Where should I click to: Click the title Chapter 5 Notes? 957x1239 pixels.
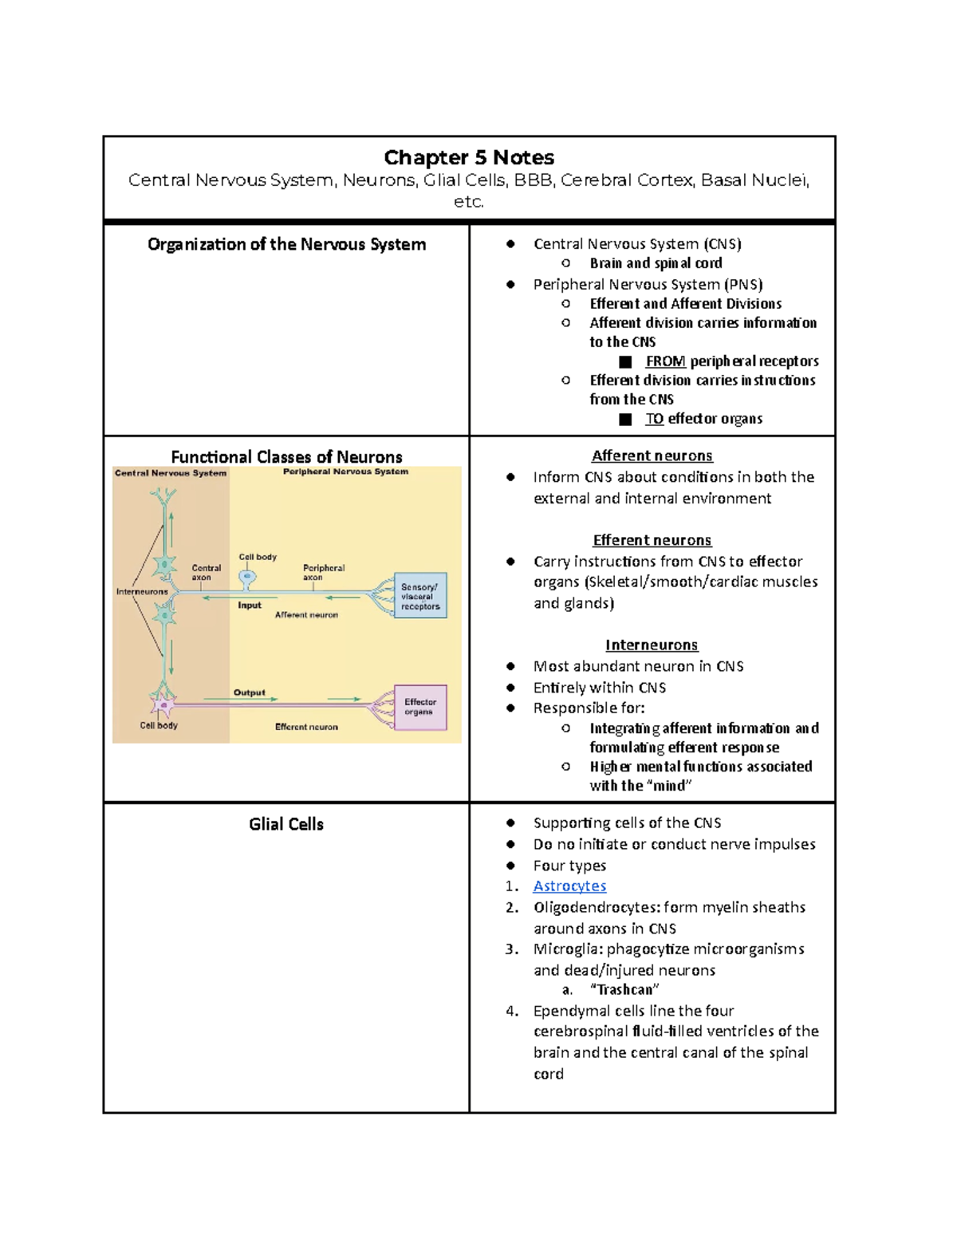(x=469, y=157)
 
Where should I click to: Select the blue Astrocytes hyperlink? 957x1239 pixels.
(x=569, y=886)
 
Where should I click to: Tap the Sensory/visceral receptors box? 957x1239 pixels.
(x=420, y=596)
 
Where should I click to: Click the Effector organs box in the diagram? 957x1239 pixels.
(x=420, y=708)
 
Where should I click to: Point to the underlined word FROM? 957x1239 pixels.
(x=665, y=361)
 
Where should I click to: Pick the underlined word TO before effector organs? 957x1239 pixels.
(x=655, y=419)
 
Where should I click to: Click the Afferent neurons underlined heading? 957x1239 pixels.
(x=652, y=456)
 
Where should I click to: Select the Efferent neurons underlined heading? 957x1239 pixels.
(x=652, y=540)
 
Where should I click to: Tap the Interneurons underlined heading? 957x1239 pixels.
(x=652, y=645)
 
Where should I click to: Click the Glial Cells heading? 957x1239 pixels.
(x=286, y=824)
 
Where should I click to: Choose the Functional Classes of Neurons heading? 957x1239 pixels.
(x=286, y=457)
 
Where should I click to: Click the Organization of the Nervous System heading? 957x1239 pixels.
(x=286, y=244)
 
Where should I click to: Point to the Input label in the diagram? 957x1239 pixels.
(x=250, y=606)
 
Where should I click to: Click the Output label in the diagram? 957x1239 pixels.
(x=250, y=692)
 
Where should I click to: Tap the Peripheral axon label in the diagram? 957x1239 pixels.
(x=323, y=572)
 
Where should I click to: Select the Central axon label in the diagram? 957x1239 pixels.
(x=206, y=572)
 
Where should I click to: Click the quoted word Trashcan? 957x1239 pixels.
(x=624, y=990)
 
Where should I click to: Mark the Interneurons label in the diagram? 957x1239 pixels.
(x=142, y=592)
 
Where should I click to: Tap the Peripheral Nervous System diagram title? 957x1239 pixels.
(x=345, y=472)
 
